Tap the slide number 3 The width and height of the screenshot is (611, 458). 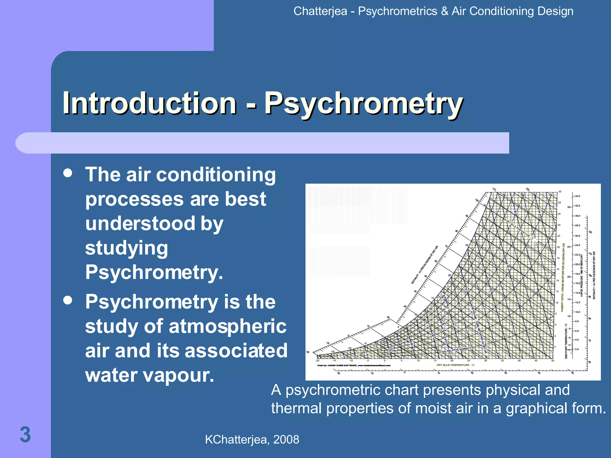[25, 435]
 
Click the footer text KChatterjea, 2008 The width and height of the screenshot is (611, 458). [252, 440]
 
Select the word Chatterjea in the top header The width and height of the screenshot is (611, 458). [320, 11]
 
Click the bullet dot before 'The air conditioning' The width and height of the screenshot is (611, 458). [68, 173]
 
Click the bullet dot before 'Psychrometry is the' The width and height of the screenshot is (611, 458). [68, 300]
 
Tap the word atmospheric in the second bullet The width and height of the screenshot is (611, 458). [227, 326]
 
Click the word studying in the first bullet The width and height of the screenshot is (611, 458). [126, 248]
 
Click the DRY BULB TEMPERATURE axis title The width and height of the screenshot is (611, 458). [455, 365]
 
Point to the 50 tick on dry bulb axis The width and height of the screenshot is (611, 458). [553, 361]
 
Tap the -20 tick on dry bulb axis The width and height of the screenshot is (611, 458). [317, 361]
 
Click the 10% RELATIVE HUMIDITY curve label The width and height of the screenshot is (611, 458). [456, 349]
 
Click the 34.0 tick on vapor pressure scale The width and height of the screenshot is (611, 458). [578, 196]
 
